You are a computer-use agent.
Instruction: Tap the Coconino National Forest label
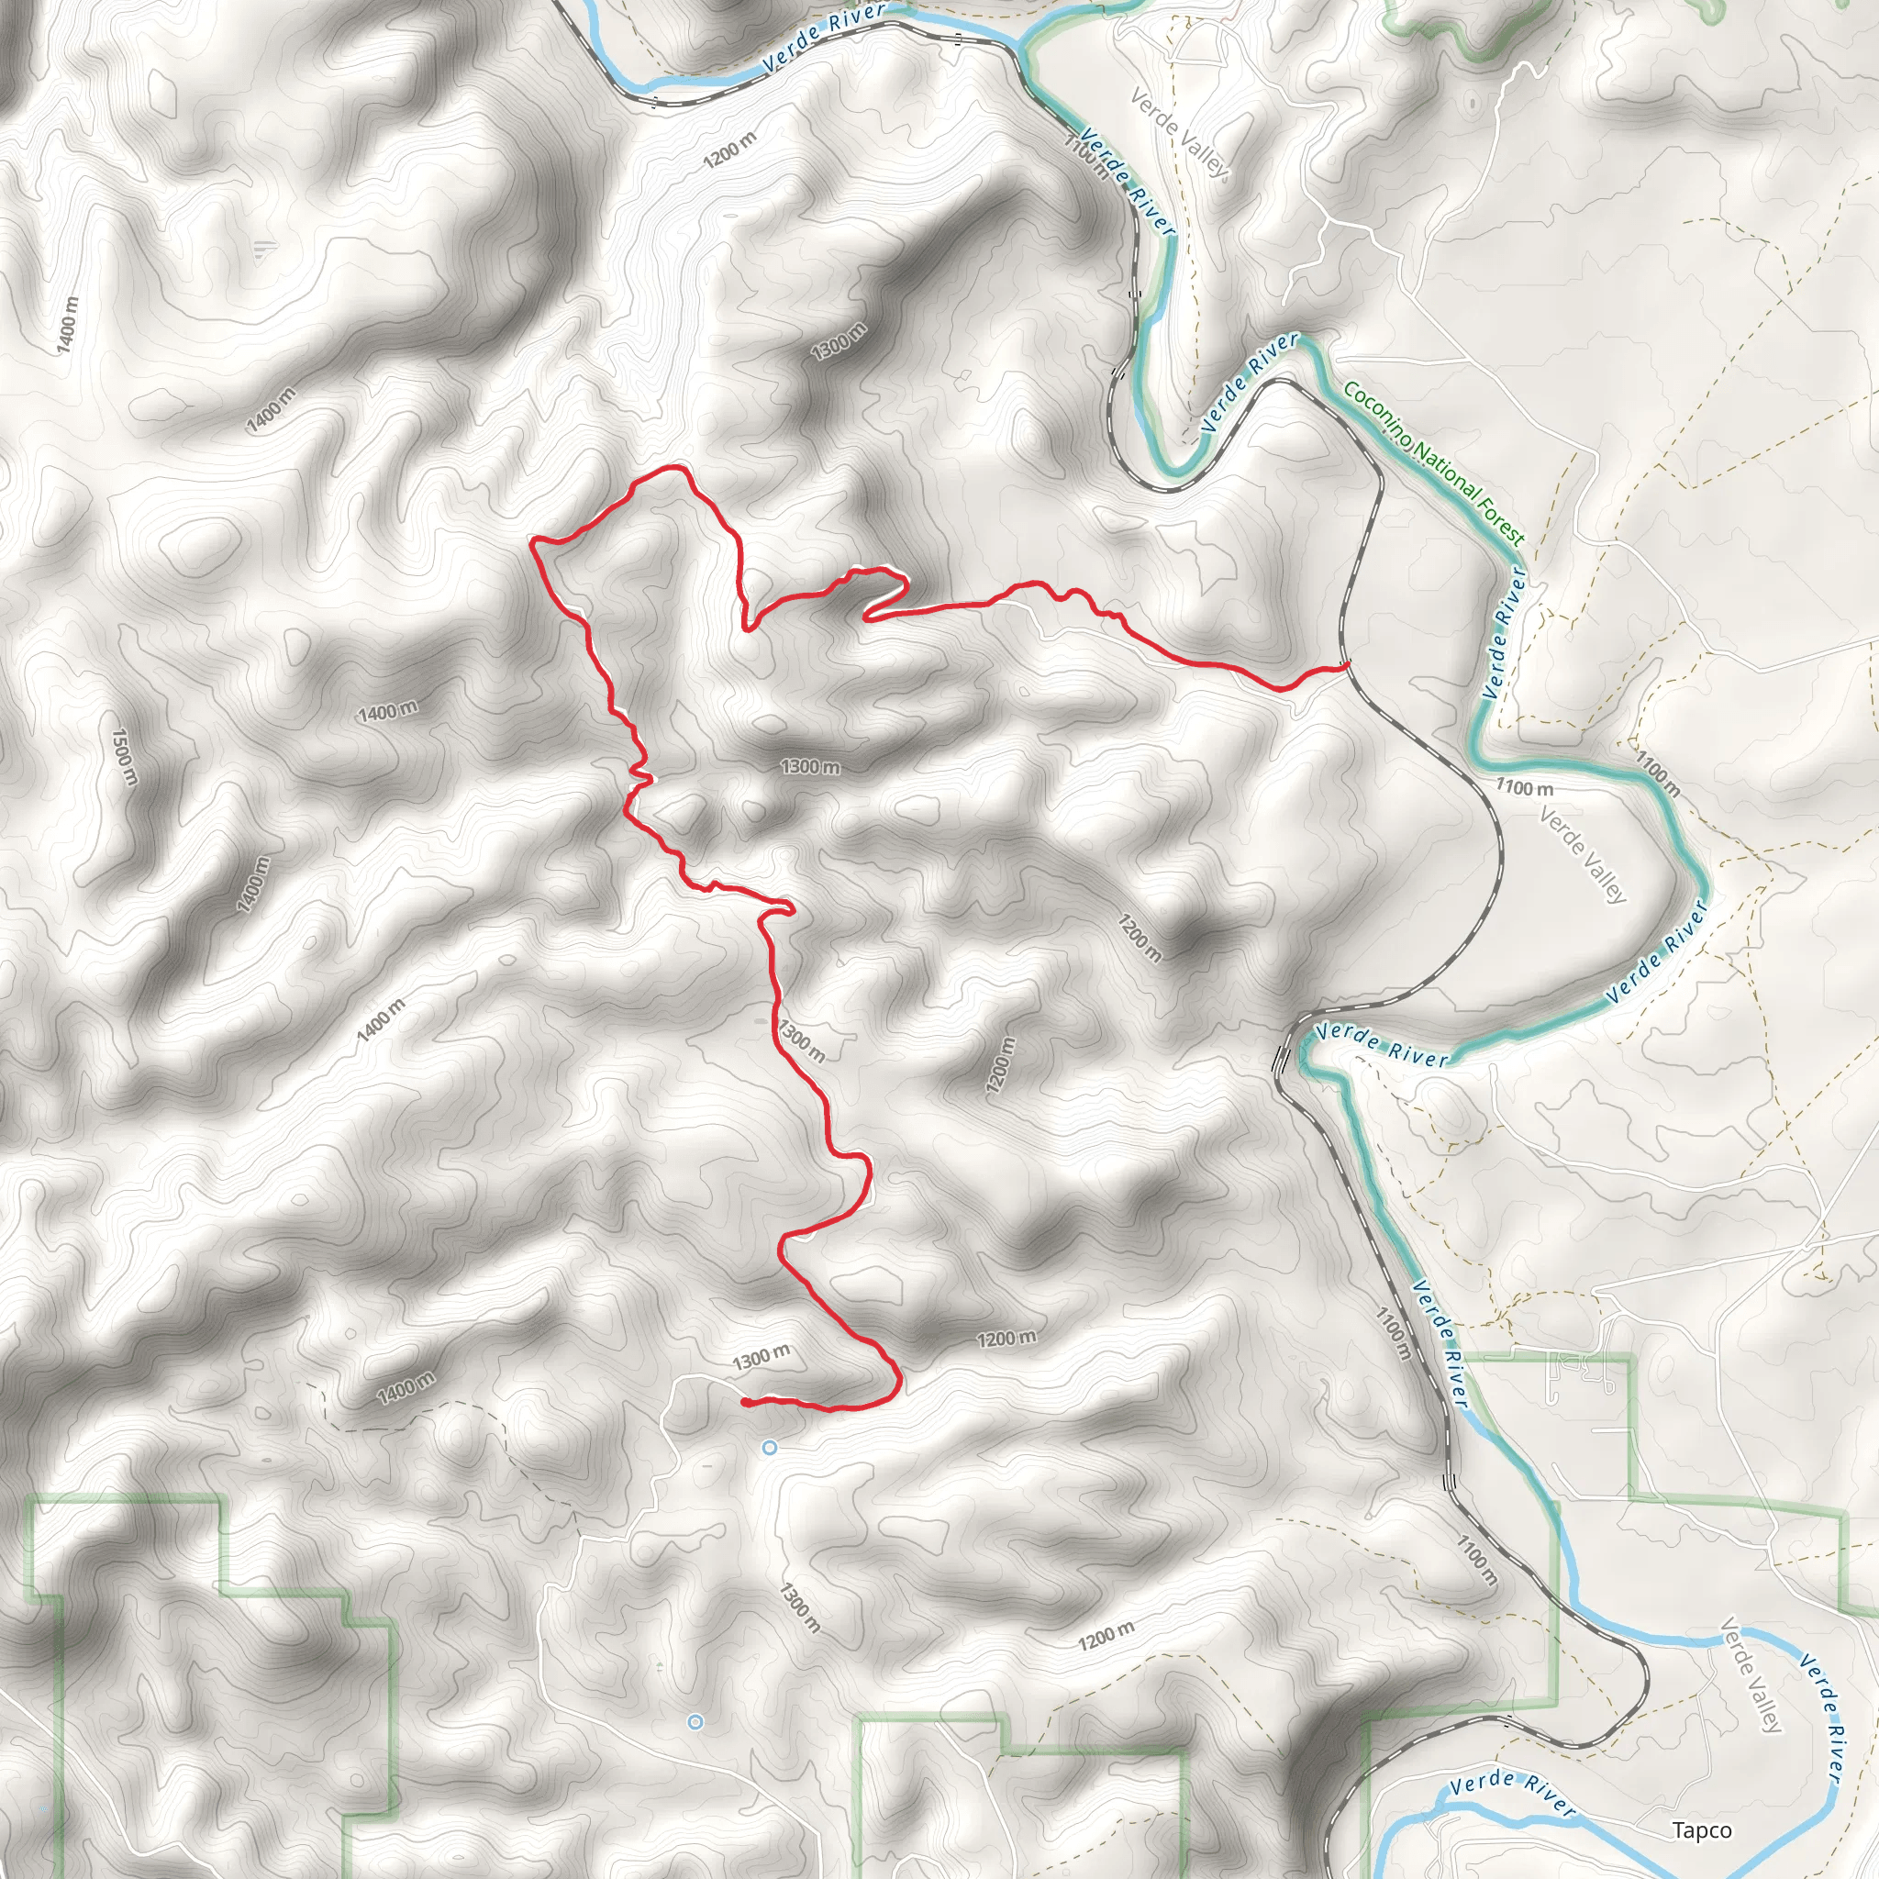point(1434,462)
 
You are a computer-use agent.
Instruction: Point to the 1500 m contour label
point(125,758)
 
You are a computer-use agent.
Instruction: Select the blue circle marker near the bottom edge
point(695,1722)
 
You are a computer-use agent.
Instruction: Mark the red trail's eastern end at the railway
point(1347,664)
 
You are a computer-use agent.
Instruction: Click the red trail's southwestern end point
point(744,1403)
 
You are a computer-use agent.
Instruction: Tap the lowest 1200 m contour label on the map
point(1106,1636)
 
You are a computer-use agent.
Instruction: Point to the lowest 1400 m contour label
point(406,1388)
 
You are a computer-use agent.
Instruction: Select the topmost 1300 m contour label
point(839,341)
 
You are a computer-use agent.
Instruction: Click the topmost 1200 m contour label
point(729,149)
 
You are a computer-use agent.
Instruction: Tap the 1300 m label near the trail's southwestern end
point(762,1357)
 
